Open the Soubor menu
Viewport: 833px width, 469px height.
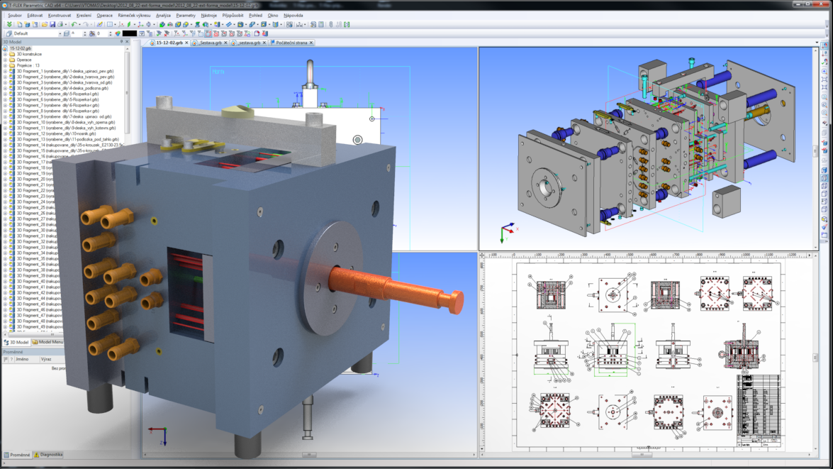click(x=14, y=15)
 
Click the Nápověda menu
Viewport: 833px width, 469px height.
click(x=293, y=15)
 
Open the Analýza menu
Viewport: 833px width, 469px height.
click(x=163, y=15)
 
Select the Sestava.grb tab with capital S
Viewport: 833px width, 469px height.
click(x=211, y=43)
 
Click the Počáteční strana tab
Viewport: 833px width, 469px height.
click(x=291, y=43)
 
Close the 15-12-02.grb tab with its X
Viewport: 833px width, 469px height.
click(x=186, y=43)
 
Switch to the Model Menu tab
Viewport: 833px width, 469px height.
click(x=50, y=342)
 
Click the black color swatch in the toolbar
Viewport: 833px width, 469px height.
click(x=129, y=33)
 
